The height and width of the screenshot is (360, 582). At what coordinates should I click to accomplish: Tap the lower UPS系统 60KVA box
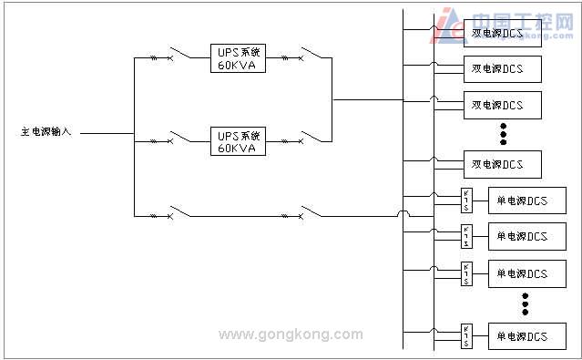pyautogui.click(x=239, y=140)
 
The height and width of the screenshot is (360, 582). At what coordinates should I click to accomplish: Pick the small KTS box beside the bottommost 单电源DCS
pyautogui.click(x=465, y=335)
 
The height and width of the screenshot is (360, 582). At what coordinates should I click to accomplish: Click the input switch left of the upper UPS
pyautogui.click(x=179, y=58)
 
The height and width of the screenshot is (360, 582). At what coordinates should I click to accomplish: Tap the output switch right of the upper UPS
pyautogui.click(x=311, y=58)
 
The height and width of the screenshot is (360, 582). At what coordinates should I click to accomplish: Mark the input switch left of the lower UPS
pyautogui.click(x=179, y=139)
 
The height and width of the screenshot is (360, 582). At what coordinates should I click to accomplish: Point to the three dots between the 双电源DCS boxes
pyautogui.click(x=503, y=134)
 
